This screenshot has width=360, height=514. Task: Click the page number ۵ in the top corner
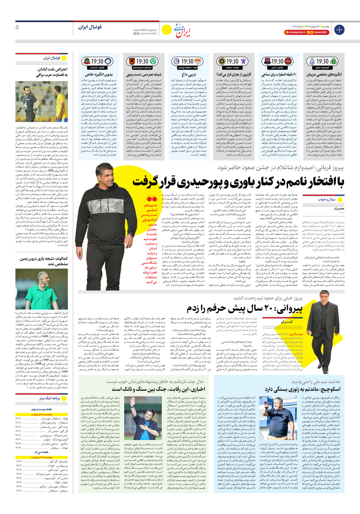(17, 27)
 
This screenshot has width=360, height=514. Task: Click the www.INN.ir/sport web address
(145, 30)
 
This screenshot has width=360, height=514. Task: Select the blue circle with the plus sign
(339, 30)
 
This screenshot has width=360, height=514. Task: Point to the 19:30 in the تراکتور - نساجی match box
(277, 61)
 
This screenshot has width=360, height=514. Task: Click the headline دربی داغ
(189, 74)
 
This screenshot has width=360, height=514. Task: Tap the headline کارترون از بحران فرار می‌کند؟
(234, 74)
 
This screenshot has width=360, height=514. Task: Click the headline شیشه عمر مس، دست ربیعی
(144, 74)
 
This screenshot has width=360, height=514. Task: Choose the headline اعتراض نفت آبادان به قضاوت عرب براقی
(52, 72)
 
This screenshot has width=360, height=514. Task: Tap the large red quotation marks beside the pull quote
(151, 199)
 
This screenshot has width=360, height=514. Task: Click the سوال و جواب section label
(327, 199)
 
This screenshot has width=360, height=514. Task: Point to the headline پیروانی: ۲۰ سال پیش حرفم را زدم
(245, 309)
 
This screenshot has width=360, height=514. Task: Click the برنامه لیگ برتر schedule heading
(49, 398)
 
